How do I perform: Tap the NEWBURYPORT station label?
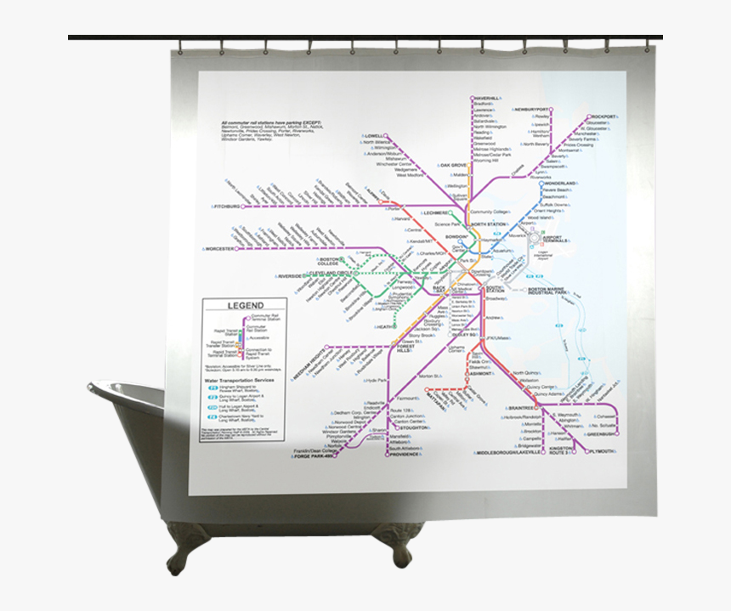[535, 110]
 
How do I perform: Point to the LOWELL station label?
[374, 135]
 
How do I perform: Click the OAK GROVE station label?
[453, 165]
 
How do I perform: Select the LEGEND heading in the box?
[245, 306]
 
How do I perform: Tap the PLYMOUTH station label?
[601, 451]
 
